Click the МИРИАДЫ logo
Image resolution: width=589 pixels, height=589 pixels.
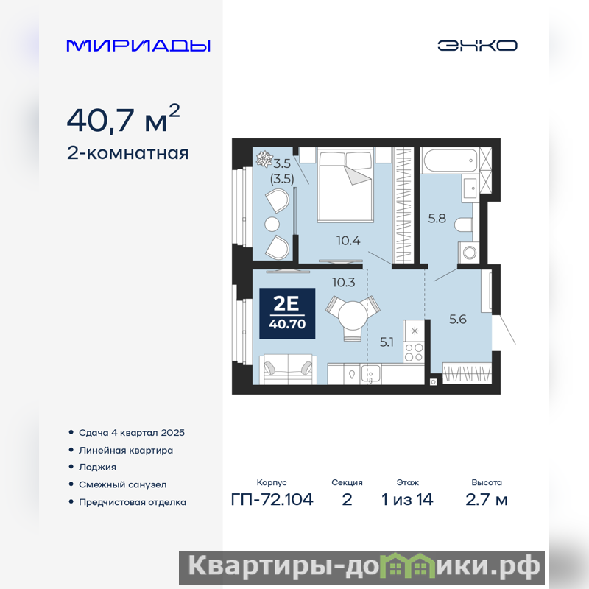pos(138,46)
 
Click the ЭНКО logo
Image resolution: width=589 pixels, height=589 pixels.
pos(477,46)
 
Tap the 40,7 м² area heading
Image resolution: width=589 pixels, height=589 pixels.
pos(123,119)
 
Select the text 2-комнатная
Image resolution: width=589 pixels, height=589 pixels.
pos(127,153)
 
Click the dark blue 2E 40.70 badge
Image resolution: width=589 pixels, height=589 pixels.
pos(287,314)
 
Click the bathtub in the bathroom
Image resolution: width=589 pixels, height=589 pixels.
pos(450,161)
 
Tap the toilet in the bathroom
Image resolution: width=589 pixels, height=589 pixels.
pos(464,225)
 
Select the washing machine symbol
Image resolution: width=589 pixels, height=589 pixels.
pos(469,252)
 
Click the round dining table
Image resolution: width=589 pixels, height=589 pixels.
pos(353,316)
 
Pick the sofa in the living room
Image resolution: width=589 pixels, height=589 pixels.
pos(288,369)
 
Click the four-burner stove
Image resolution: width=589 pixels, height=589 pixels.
pos(414,353)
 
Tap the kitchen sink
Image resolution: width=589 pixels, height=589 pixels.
pos(370,374)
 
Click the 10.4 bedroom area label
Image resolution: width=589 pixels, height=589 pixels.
pos(348,241)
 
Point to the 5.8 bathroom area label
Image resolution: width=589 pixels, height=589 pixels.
pos(437,218)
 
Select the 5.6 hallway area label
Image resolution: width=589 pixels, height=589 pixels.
pos(458,320)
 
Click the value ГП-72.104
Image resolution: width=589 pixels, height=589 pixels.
pos(272,500)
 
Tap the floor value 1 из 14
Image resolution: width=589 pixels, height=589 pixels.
pos(407,500)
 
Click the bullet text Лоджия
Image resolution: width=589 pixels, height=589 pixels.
pos(97,468)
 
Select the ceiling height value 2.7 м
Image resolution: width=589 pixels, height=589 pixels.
pos(487,500)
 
